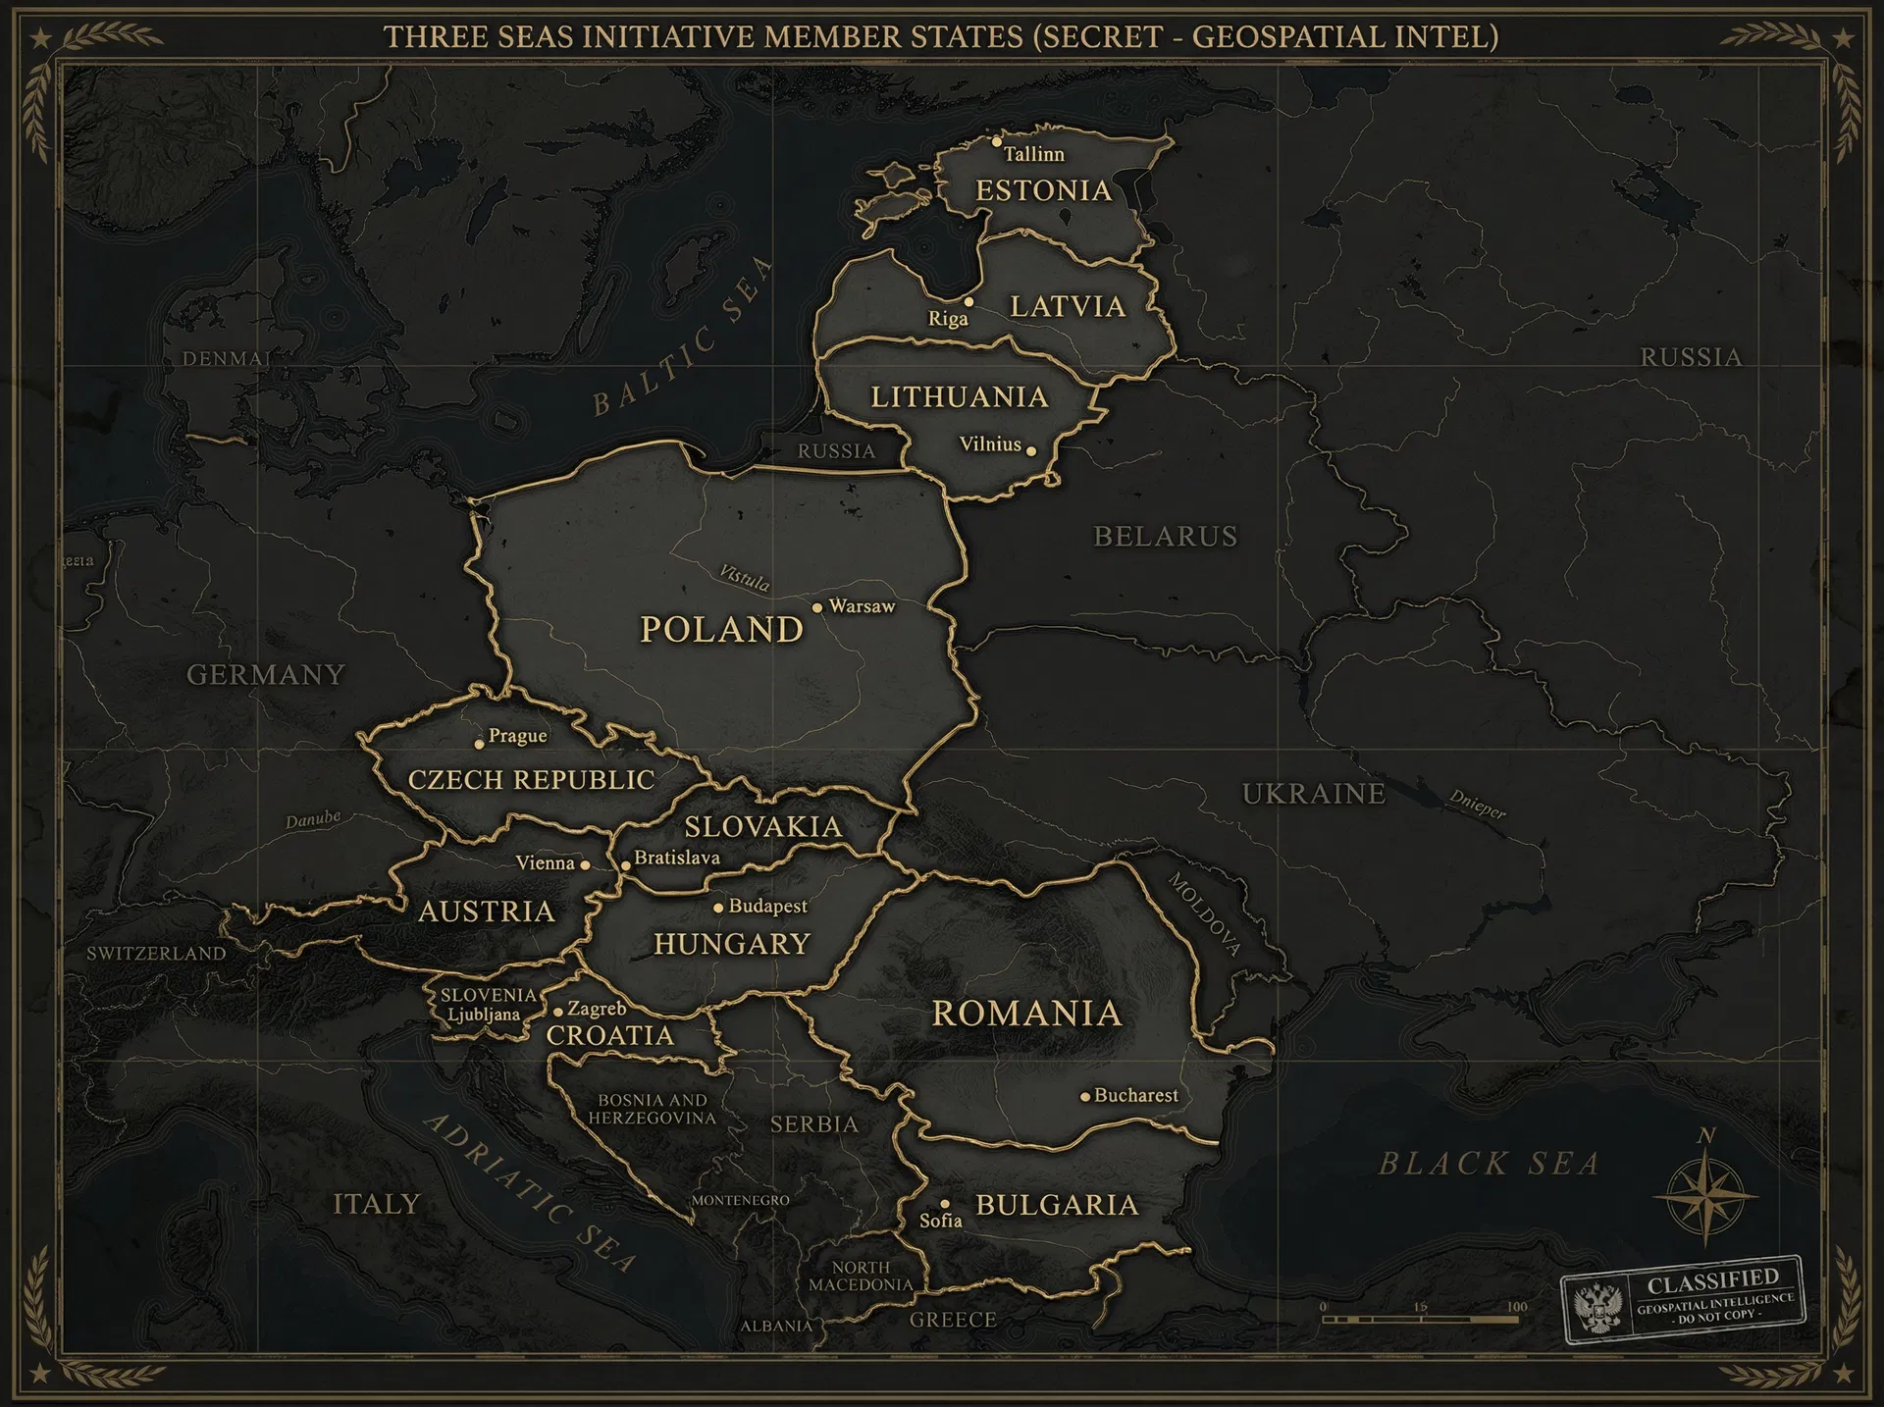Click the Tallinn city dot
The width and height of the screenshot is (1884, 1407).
(x=997, y=142)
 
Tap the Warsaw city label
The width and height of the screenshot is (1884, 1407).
(x=862, y=606)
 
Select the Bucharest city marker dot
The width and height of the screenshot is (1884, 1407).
(x=1085, y=1096)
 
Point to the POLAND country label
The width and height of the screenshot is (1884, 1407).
(x=721, y=629)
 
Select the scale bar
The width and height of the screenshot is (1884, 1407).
(x=1420, y=1320)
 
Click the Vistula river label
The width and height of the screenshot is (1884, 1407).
(x=745, y=578)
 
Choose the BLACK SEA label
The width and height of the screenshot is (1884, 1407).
(x=1489, y=1165)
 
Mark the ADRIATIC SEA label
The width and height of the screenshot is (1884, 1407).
(x=530, y=1192)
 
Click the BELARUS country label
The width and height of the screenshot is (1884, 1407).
(x=1166, y=537)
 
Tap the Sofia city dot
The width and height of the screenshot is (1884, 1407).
(x=945, y=1204)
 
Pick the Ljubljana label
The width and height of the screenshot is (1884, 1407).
(x=484, y=1015)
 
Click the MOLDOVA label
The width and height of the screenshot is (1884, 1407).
(x=1204, y=913)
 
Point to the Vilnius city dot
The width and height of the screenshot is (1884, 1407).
(x=1030, y=450)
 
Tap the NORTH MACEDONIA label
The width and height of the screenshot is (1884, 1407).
(x=861, y=1276)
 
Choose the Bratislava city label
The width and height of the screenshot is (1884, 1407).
(x=676, y=858)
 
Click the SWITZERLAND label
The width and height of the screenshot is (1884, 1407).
(x=156, y=953)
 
